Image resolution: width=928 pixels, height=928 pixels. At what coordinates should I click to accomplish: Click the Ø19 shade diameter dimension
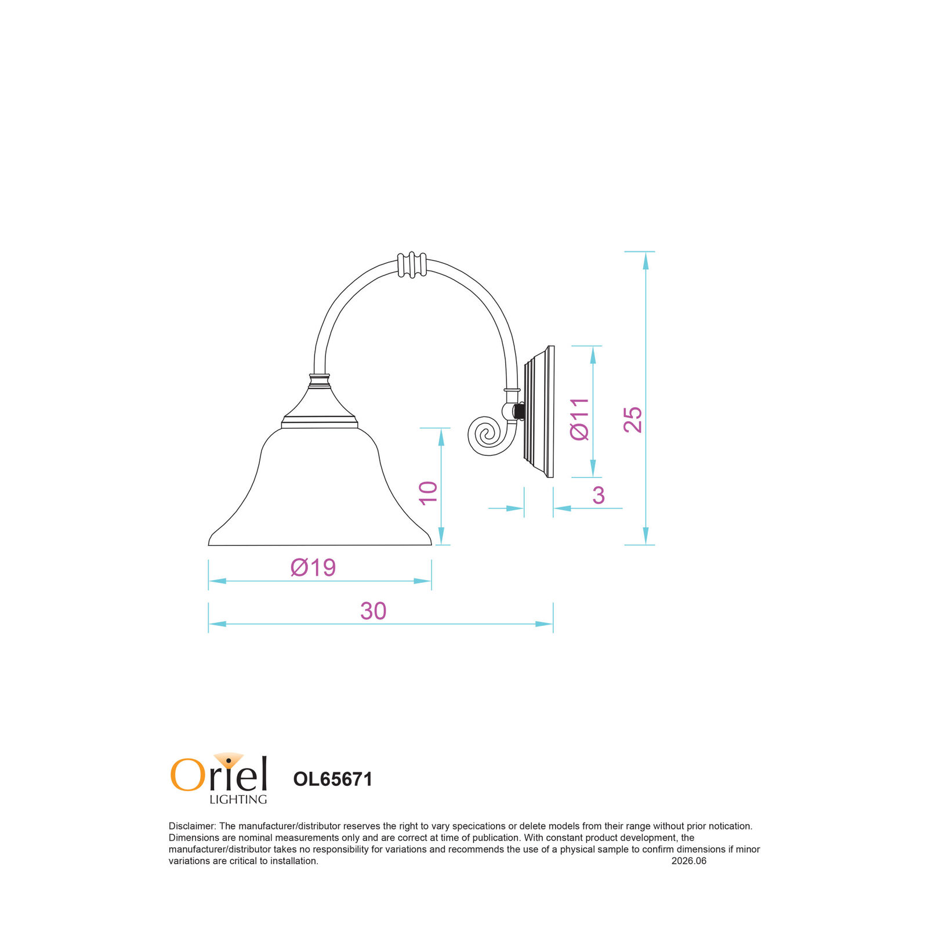click(x=313, y=567)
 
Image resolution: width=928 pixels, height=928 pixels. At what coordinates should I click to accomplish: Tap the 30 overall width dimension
click(x=373, y=611)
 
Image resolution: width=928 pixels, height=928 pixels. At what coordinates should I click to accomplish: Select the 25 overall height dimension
click(x=633, y=419)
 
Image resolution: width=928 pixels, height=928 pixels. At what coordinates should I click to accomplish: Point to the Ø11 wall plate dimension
click(x=579, y=419)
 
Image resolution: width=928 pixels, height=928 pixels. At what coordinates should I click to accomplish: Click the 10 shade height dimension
click(x=428, y=493)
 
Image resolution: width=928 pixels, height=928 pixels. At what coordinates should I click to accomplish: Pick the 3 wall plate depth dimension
click(x=599, y=495)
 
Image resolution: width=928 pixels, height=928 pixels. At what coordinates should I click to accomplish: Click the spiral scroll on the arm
click(x=487, y=436)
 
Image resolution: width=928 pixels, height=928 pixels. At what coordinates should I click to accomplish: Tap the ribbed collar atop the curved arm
click(x=412, y=264)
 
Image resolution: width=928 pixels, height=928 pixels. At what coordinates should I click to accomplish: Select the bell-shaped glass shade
click(x=320, y=486)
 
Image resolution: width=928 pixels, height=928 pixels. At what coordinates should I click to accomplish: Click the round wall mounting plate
click(x=539, y=412)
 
